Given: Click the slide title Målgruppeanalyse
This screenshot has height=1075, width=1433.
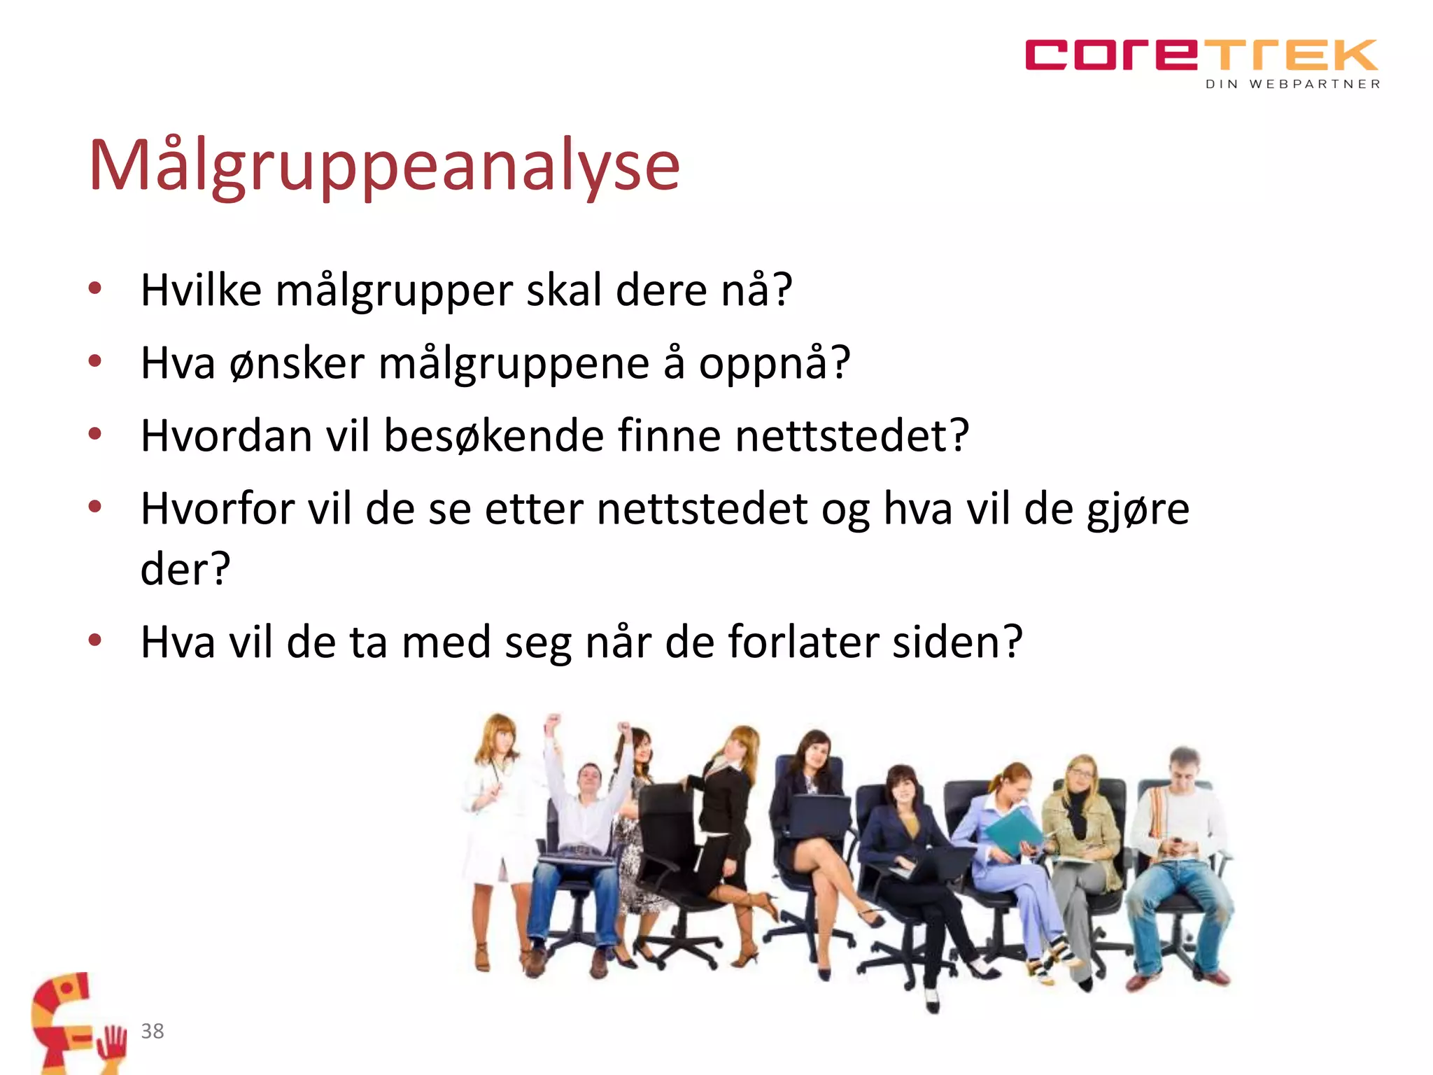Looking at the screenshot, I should (x=383, y=166).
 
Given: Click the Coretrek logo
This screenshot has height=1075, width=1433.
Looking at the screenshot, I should (x=1201, y=56).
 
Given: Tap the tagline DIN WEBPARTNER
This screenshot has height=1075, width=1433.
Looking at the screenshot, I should (x=1292, y=84).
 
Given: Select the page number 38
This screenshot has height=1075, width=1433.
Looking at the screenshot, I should (x=152, y=1031).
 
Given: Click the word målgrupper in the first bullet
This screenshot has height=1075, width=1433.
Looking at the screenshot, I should (x=394, y=290).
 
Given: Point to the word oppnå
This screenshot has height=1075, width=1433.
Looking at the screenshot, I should (x=773, y=364).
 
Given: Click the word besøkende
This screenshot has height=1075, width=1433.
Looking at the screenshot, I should (x=493, y=436).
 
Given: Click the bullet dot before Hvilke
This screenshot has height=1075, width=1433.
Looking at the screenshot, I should (x=95, y=288).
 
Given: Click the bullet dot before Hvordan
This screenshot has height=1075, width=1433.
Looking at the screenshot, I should (x=95, y=433).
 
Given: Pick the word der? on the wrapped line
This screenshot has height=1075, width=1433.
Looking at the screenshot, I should (x=185, y=568).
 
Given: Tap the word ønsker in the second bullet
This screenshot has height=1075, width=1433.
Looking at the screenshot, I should (x=297, y=364).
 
